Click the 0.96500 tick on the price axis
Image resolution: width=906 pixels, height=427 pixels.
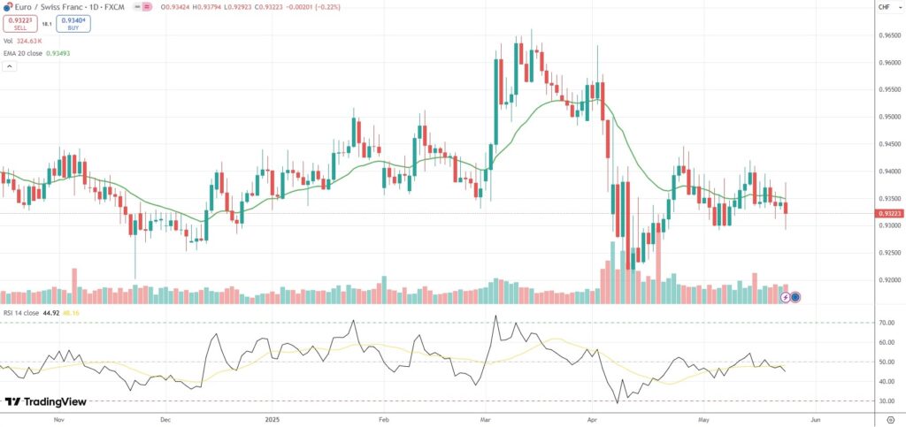tap(888, 35)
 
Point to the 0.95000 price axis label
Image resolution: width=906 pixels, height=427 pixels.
tap(888, 117)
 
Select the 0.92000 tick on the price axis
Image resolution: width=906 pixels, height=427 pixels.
tap(888, 279)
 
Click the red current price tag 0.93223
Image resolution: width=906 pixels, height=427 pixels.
tap(888, 214)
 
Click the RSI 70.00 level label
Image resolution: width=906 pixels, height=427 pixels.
tap(887, 323)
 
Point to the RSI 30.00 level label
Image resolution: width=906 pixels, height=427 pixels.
tap(887, 401)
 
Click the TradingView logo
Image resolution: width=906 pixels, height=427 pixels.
tap(46, 401)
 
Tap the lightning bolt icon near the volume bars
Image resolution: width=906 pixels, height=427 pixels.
tap(786, 297)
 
